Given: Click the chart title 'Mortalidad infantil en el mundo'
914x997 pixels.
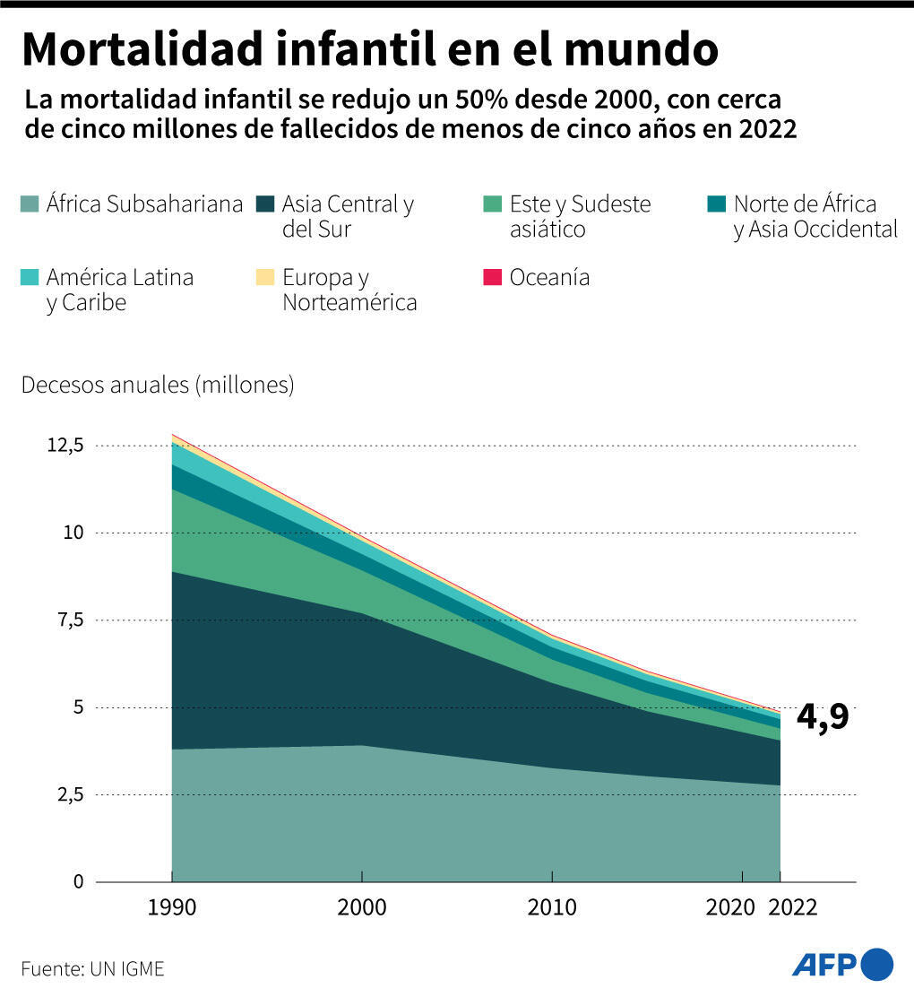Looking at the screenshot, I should (x=369, y=50).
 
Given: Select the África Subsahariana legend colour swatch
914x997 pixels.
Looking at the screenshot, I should (x=31, y=204).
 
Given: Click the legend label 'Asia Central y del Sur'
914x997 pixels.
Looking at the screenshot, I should (x=348, y=216).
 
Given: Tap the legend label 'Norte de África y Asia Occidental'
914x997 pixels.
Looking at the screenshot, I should (x=815, y=216).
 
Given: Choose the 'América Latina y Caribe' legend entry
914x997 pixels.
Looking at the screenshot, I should (x=119, y=290).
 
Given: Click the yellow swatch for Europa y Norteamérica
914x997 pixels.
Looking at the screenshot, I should (x=266, y=278).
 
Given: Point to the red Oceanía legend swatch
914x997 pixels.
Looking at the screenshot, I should (x=492, y=278).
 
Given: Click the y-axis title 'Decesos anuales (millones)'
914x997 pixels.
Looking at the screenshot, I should (x=158, y=386).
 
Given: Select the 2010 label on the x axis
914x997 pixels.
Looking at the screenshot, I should (x=551, y=907).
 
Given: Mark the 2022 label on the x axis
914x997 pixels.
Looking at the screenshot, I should (x=793, y=907).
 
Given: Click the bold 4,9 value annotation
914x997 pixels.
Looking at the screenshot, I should (x=822, y=718).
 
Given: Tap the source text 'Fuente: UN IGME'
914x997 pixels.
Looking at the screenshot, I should (x=93, y=969).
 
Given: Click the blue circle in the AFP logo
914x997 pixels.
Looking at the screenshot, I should (x=877, y=964).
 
